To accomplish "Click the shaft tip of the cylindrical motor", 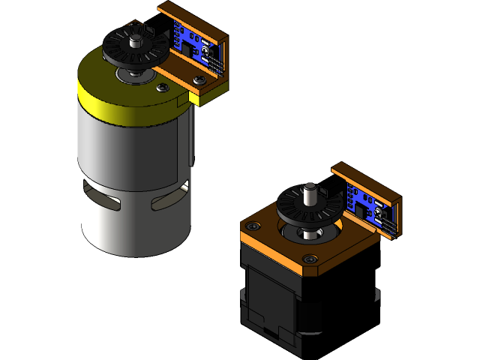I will click(x=136, y=28).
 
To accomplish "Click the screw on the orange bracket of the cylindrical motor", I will click(x=198, y=80).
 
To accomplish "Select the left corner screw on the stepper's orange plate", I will click(x=253, y=226).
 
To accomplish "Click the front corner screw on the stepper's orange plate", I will click(x=310, y=259).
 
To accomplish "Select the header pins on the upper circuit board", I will click(x=177, y=34).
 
